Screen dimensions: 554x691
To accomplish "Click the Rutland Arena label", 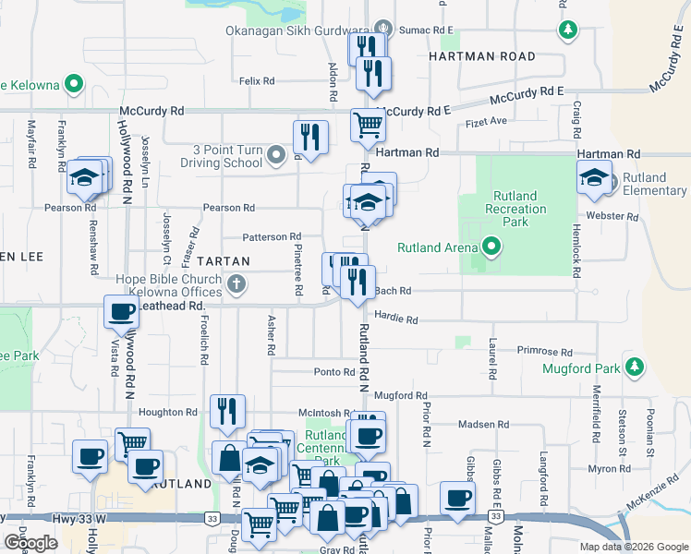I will [x=437, y=247].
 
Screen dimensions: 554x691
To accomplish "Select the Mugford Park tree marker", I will [x=634, y=367].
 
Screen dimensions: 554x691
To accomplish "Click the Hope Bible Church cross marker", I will [x=236, y=283].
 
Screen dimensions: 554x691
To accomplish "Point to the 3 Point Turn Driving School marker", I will [x=276, y=155].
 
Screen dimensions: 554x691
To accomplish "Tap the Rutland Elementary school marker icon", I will [x=594, y=179].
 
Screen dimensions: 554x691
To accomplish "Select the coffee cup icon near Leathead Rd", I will [x=121, y=312].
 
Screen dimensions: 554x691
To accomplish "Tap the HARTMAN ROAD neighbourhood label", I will [x=481, y=56].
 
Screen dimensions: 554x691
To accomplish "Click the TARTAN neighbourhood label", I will [x=223, y=261].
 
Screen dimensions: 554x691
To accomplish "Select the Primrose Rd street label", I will [x=545, y=352].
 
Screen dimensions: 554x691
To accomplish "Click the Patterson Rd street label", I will [x=272, y=237].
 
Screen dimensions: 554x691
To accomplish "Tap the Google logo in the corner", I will [x=30, y=542].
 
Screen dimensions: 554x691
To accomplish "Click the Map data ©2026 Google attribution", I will [x=634, y=547].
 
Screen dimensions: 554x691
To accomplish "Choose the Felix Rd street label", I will [x=257, y=81].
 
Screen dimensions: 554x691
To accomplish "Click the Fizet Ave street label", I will [x=486, y=121].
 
